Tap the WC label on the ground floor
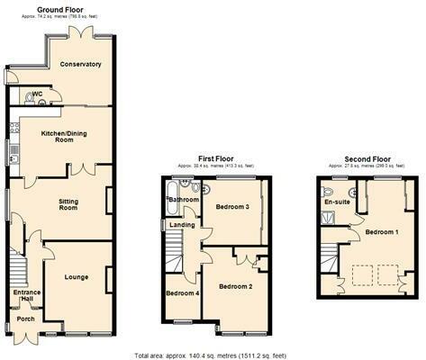[38, 94]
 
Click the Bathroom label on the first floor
[186, 199]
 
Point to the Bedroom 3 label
[231, 207]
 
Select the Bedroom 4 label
[182, 293]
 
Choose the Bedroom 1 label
[381, 232]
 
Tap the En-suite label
[336, 202]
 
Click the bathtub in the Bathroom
[172, 194]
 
